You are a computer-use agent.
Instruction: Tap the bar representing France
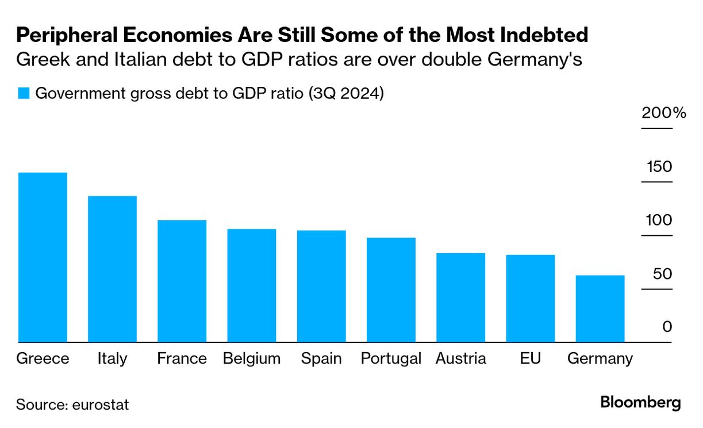pos(182,281)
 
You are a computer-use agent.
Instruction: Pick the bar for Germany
pos(600,309)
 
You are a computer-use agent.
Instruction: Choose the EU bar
pos(530,299)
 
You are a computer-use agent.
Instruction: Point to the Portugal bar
pos(391,290)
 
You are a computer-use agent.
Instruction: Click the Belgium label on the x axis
pos(252,359)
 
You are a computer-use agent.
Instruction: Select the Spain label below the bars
pos(321,359)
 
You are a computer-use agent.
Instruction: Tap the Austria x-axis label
pos(461,359)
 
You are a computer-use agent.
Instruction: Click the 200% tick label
pos(664,113)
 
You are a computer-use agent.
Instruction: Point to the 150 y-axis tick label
pos(659,167)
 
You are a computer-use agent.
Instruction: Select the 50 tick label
pos(662,274)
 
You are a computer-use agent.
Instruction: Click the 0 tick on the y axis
pos(667,327)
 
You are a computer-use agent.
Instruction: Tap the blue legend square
pos(23,94)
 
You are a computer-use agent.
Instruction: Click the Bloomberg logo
pos(640,403)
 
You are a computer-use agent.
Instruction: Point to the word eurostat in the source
pos(101,404)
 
